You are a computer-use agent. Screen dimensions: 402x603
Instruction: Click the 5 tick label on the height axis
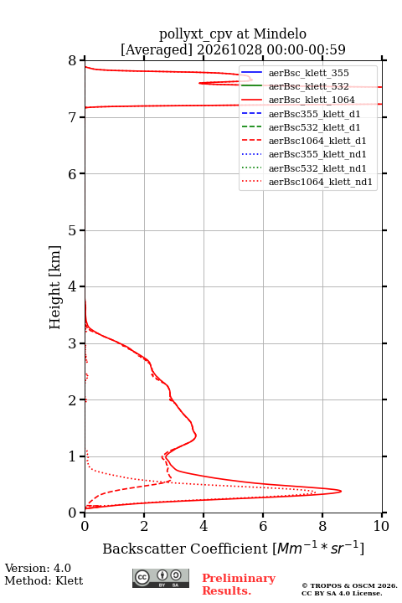pos(73,230)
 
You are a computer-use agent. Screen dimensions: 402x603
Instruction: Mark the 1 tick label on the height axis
pos(73,456)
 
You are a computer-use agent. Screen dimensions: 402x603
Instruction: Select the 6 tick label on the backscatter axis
pos(263,526)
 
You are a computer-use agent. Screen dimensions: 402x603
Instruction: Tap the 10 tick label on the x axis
pos(381,526)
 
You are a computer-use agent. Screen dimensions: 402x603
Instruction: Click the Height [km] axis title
pos(55,287)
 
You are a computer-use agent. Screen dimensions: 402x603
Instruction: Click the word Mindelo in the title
pos(280,34)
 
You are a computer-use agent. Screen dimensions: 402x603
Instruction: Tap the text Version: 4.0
pos(38,568)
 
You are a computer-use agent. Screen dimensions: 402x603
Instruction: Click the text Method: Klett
pos(44,580)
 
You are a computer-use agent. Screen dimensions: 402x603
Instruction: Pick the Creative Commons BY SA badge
pos(161,578)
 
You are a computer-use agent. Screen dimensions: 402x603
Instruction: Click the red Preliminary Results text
pos(239,584)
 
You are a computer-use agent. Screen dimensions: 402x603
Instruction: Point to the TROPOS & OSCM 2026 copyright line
pos(349,585)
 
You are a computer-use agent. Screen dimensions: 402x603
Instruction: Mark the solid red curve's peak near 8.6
pos(341,491)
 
